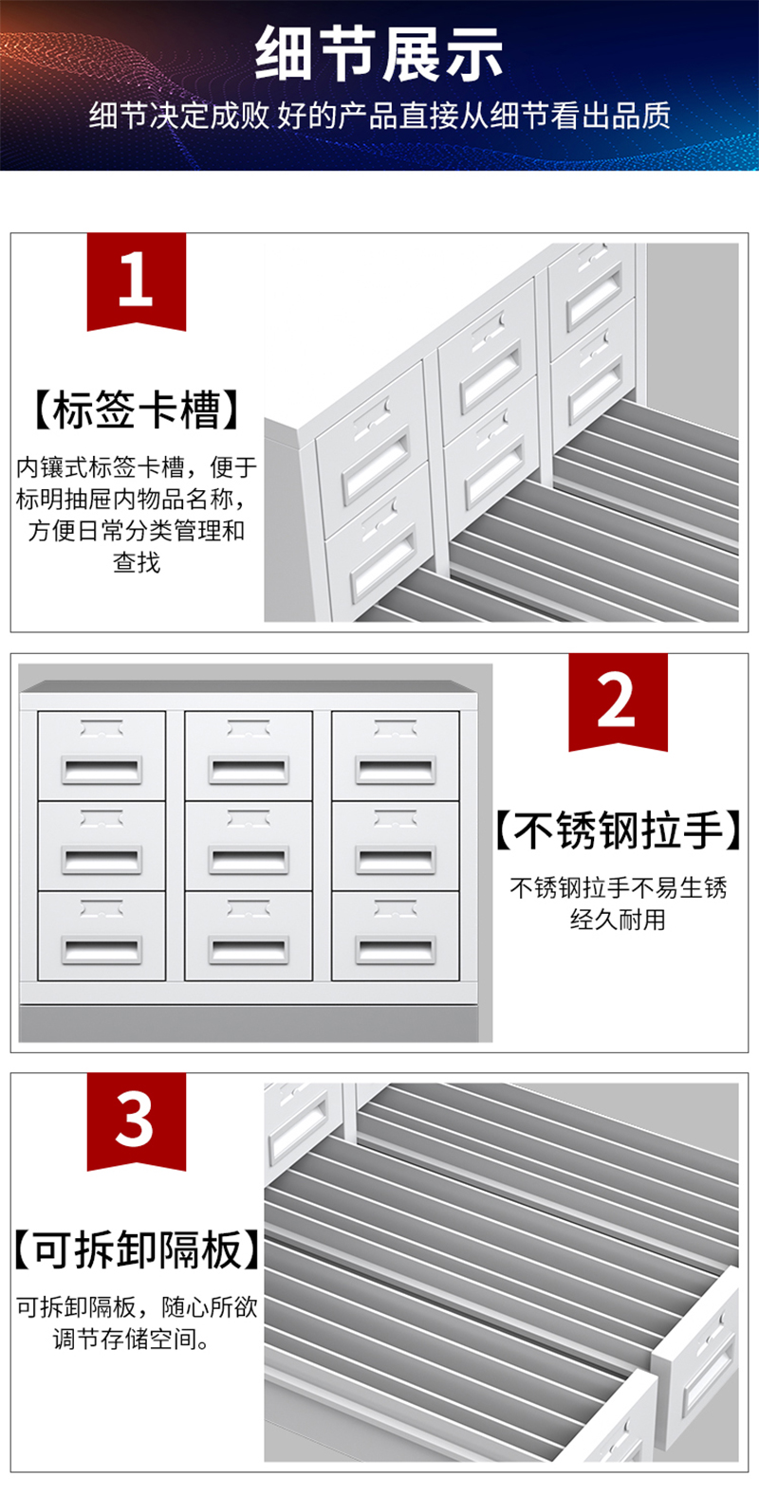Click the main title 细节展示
(379, 53)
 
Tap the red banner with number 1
(137, 281)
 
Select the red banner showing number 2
(618, 702)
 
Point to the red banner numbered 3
(137, 1121)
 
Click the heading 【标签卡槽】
(136, 410)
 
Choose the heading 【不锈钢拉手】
(618, 830)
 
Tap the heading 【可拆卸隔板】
(137, 1249)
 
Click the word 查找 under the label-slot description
(137, 562)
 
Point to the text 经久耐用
(618, 919)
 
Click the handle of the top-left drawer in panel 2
(102, 770)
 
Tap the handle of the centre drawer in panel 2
(249, 860)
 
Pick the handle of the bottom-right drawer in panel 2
(396, 951)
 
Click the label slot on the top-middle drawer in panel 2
(249, 727)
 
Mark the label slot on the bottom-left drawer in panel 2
(102, 908)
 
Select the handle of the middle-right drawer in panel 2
(396, 860)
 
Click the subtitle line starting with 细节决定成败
(379, 116)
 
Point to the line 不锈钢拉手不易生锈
(618, 887)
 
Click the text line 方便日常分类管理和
(137, 531)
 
